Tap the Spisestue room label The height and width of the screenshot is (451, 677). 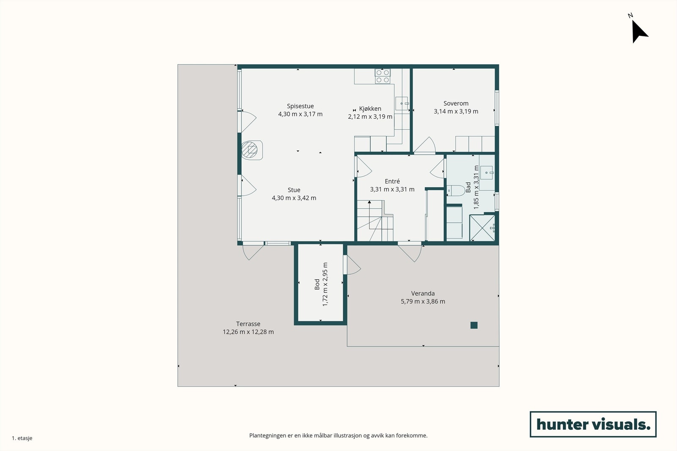coord(300,106)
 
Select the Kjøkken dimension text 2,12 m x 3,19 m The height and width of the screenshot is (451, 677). coord(370,117)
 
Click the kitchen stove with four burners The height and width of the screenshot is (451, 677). coord(383,76)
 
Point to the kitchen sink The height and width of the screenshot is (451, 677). coord(402,104)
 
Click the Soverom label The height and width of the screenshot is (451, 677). coord(456,103)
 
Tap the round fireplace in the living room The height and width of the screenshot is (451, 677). coord(250,150)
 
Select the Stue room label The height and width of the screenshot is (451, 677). coord(294,190)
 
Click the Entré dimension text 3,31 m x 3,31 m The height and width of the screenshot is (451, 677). coord(392,189)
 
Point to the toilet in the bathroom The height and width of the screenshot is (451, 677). coord(456,191)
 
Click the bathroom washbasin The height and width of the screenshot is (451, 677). coord(487,173)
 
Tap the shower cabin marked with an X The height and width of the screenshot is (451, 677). coord(482,228)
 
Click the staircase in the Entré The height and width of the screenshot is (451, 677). coord(375,221)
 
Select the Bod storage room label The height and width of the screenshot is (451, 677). coord(317,284)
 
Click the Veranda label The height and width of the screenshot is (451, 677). coord(423,293)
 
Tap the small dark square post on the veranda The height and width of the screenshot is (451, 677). coord(474,325)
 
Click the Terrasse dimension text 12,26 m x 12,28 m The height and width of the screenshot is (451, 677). coord(248,332)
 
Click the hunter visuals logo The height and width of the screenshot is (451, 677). coord(593,424)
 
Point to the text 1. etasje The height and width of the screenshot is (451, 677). coord(22,438)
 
